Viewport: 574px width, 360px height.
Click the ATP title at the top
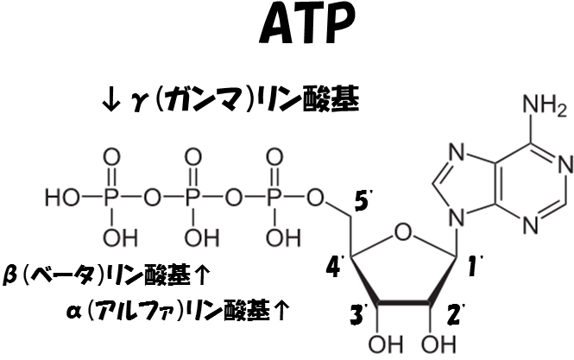click(x=306, y=25)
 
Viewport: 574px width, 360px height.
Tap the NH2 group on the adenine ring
click(x=545, y=105)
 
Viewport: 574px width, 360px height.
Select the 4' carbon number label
click(x=335, y=265)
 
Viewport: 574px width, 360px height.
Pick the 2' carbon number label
click(x=456, y=313)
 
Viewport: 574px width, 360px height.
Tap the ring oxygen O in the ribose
click(x=403, y=233)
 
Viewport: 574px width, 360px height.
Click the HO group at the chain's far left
click(x=62, y=198)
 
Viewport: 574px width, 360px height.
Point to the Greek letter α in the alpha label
click(x=74, y=312)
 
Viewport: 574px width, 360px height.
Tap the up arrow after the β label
click(x=201, y=275)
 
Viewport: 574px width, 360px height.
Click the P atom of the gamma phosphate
click(x=110, y=198)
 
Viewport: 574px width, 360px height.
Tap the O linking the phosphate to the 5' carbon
click(x=315, y=198)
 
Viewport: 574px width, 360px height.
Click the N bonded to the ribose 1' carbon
click(x=457, y=218)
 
